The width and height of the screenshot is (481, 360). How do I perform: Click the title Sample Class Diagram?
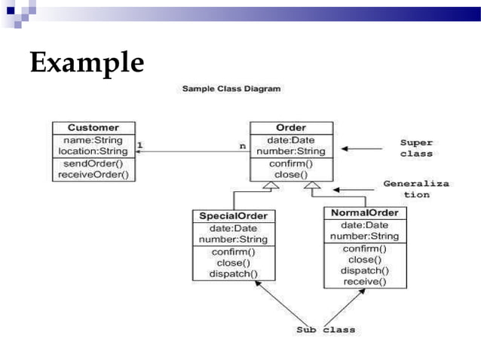[x=231, y=89]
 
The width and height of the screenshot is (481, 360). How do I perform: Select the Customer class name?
[x=93, y=128]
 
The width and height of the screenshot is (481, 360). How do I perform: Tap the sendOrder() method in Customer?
[x=93, y=163]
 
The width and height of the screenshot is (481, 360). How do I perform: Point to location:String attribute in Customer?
[x=93, y=151]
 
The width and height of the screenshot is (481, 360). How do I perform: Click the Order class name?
[x=291, y=128]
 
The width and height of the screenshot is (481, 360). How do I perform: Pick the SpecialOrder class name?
[x=233, y=216]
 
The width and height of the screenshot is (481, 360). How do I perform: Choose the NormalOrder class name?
[x=365, y=213]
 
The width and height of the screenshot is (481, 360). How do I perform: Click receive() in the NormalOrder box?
[x=365, y=282]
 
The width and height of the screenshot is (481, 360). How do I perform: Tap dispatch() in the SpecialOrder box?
[x=233, y=274]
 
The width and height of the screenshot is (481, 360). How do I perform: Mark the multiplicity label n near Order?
[x=242, y=145]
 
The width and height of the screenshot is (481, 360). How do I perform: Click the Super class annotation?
[x=416, y=148]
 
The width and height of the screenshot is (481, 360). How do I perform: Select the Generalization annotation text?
[x=416, y=188]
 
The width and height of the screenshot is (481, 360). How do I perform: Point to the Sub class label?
[x=324, y=330]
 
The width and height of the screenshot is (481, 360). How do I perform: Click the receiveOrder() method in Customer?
[x=93, y=175]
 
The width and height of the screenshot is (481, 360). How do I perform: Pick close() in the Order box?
[x=291, y=175]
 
